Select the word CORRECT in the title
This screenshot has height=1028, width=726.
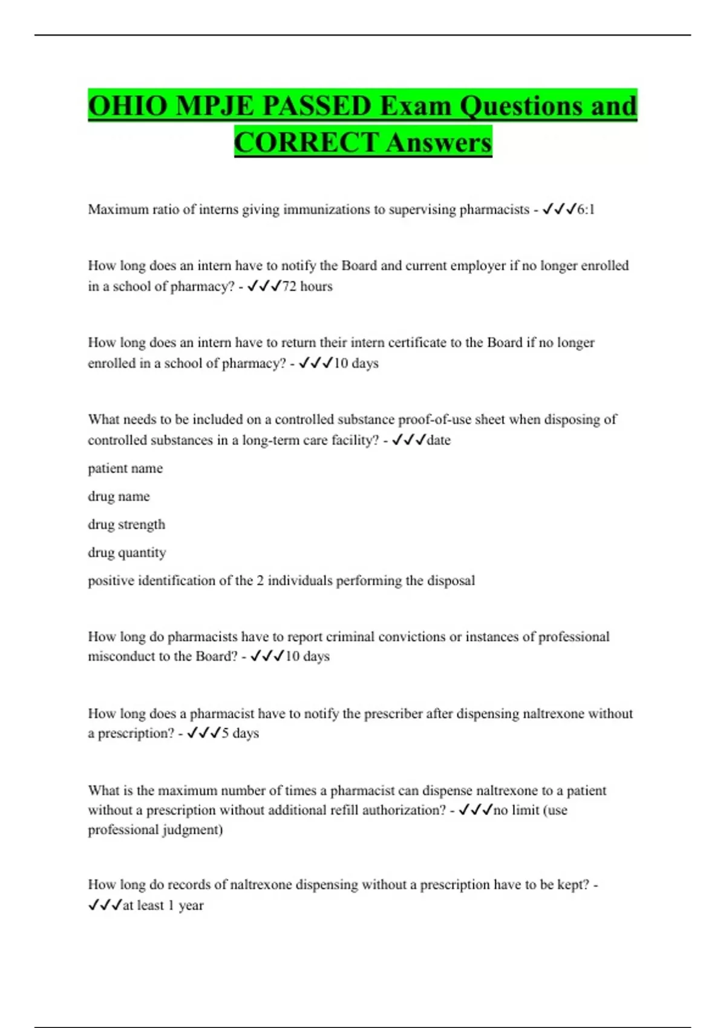pyautogui.click(x=306, y=143)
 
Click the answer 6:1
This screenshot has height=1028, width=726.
pyautogui.click(x=586, y=210)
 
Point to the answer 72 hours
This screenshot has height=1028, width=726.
pyautogui.click(x=307, y=287)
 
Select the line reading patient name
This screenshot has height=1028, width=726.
pyautogui.click(x=125, y=469)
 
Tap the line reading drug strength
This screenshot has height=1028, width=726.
pyautogui.click(x=126, y=525)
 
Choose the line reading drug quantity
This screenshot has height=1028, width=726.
pyautogui.click(x=126, y=553)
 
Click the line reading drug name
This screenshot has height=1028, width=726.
pyautogui.click(x=119, y=496)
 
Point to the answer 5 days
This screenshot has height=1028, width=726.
pyautogui.click(x=240, y=734)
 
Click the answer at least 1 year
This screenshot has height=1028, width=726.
pyautogui.click(x=163, y=906)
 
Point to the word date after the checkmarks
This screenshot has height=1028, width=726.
pyautogui.click(x=439, y=440)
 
